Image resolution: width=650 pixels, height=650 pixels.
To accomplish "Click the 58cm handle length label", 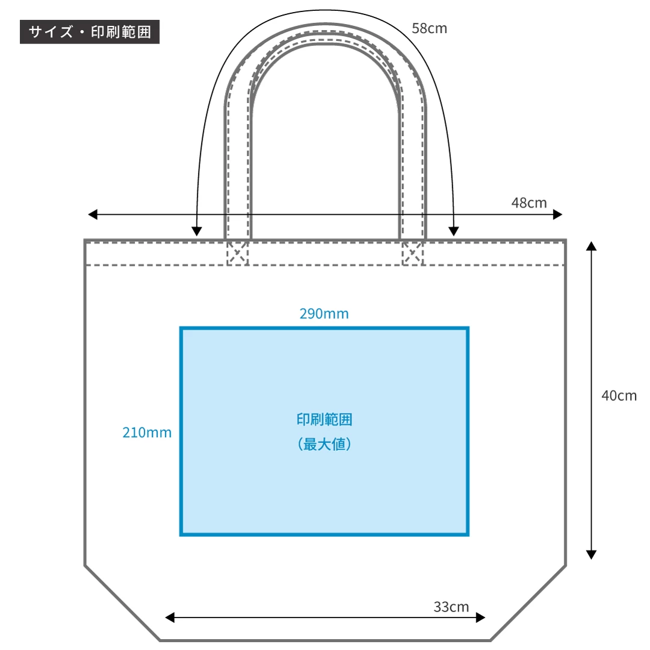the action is (429, 28).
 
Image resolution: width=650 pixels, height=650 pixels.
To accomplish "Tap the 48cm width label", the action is (529, 203).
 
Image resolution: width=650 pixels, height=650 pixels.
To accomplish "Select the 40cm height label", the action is (619, 395).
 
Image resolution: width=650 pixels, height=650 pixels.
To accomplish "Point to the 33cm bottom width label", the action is (451, 607).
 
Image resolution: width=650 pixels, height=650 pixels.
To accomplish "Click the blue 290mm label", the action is (324, 314).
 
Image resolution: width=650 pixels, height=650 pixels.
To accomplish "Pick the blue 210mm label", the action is (147, 432).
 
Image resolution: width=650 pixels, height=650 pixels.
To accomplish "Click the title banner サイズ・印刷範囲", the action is (90, 31).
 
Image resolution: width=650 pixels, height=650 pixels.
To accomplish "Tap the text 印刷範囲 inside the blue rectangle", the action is (324, 419).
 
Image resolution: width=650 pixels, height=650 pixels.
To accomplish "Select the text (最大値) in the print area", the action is (324, 444).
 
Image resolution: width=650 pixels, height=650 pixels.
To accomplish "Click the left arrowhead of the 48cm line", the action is (93, 214).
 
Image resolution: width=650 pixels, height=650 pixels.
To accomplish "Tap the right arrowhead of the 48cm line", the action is (557, 214).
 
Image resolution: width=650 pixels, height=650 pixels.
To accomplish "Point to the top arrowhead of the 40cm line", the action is (591, 246).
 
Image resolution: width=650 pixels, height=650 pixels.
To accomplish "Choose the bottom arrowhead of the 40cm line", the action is (591, 555).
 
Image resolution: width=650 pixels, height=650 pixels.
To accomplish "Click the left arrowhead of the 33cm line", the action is (170, 617).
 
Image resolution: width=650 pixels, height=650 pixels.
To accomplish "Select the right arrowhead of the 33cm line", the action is (480, 617).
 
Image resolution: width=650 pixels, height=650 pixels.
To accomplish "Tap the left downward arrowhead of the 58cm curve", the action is (197, 231).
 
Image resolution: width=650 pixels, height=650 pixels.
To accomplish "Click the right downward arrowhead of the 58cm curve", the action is (454, 231).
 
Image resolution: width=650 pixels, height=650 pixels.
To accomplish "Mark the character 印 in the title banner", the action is (98, 32).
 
